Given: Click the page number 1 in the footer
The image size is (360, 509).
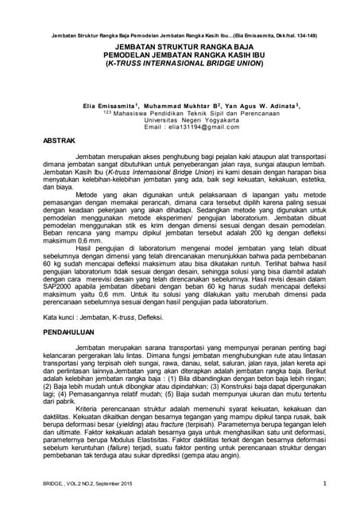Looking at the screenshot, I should coord(324,484).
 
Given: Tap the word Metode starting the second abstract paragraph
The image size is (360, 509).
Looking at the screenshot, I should coord(87,193).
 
